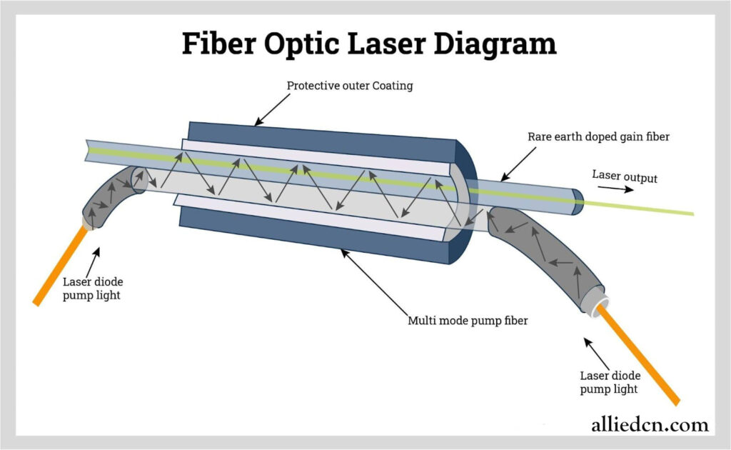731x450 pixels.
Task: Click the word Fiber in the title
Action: [x=218, y=43]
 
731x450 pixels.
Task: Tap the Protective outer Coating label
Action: [x=350, y=86]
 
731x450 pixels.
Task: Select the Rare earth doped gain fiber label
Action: [x=598, y=136]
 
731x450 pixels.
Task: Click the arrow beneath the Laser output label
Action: [x=615, y=189]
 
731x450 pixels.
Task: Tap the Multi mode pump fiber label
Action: [x=468, y=321]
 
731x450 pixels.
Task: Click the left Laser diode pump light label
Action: [x=93, y=288]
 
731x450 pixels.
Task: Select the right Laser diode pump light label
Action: [x=610, y=382]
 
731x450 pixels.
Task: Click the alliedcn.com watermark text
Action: [x=650, y=424]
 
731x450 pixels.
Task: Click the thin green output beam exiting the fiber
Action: [x=639, y=208]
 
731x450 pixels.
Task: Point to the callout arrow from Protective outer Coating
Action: [x=272, y=109]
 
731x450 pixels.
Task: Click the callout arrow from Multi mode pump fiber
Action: [x=375, y=282]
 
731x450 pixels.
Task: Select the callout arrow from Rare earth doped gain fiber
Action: [x=518, y=164]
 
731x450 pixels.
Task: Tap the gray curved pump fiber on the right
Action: [x=545, y=254]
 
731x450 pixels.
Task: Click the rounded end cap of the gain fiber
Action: [x=578, y=202]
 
